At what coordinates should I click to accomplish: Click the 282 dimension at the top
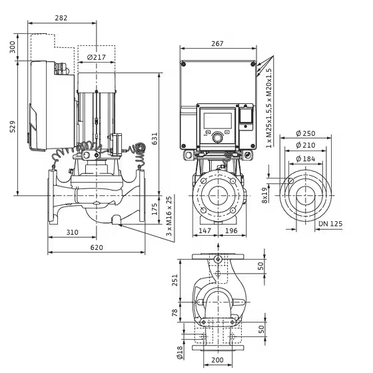(x=61, y=18)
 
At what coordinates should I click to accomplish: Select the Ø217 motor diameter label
(x=97, y=57)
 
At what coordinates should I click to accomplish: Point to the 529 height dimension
(x=13, y=127)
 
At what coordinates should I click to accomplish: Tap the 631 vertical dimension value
(x=155, y=139)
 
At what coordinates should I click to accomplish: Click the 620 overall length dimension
(x=97, y=247)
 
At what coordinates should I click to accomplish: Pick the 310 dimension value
(x=72, y=232)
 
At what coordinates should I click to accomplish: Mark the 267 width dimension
(x=217, y=44)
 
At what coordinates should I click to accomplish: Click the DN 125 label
(x=330, y=224)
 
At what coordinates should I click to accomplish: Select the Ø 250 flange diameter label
(x=306, y=133)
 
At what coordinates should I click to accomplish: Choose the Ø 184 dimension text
(x=306, y=159)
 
